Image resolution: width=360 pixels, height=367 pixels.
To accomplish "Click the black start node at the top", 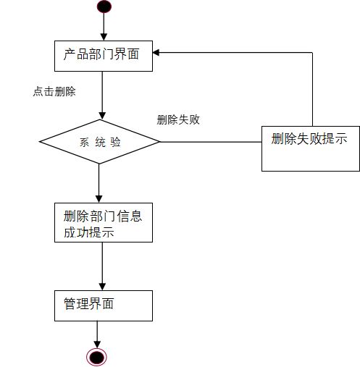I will coord(104,7).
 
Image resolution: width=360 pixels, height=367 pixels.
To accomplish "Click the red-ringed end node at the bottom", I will coord(97,356).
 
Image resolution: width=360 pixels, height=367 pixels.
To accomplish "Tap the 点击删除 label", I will coord(54,92).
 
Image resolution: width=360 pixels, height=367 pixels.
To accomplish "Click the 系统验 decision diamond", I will coord(99,142).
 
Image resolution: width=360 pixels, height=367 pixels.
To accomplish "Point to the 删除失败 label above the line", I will coord(178,120).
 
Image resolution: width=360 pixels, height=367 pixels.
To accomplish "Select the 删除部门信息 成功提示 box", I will coord(103,223).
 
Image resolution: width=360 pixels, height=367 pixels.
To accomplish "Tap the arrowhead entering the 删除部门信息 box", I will coord(99,199).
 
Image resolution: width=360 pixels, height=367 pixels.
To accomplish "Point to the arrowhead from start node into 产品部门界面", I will coord(104,37).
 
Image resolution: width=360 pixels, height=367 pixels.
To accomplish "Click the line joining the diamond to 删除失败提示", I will coord(210,142).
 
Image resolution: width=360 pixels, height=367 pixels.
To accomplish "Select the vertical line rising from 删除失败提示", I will coord(312,87).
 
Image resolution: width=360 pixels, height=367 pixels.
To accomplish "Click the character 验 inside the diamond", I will coord(116,142).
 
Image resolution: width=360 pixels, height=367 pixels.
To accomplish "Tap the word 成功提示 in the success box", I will coord(87,233).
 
